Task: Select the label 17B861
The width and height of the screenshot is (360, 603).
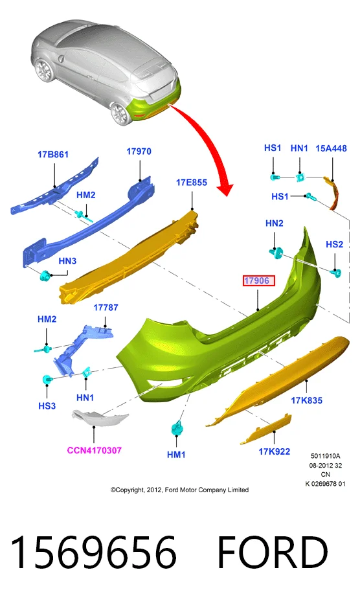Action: [x=53, y=154]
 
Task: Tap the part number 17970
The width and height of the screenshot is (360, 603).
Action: [x=139, y=151]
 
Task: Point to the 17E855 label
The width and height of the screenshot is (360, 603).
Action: [x=192, y=182]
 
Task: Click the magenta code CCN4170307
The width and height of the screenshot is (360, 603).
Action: [x=95, y=450]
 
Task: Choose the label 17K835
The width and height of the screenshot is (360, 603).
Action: [x=306, y=400]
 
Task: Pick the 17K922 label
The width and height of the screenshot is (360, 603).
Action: [x=275, y=451]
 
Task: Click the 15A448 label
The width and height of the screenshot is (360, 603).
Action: [x=331, y=148]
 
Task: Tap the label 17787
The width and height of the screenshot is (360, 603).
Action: [x=106, y=307]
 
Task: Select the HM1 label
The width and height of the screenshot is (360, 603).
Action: [x=176, y=455]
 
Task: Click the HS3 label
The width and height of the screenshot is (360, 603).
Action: [x=47, y=405]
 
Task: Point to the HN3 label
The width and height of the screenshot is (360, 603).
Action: [x=67, y=261]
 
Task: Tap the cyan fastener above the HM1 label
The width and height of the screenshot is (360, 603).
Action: [x=177, y=427]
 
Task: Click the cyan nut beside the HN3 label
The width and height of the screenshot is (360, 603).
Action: [x=45, y=276]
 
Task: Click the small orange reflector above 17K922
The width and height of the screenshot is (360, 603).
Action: [x=265, y=429]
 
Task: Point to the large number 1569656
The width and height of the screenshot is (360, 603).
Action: [x=93, y=552]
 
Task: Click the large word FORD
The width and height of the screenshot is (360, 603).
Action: [x=273, y=552]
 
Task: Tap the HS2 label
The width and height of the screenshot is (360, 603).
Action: [x=334, y=244]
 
